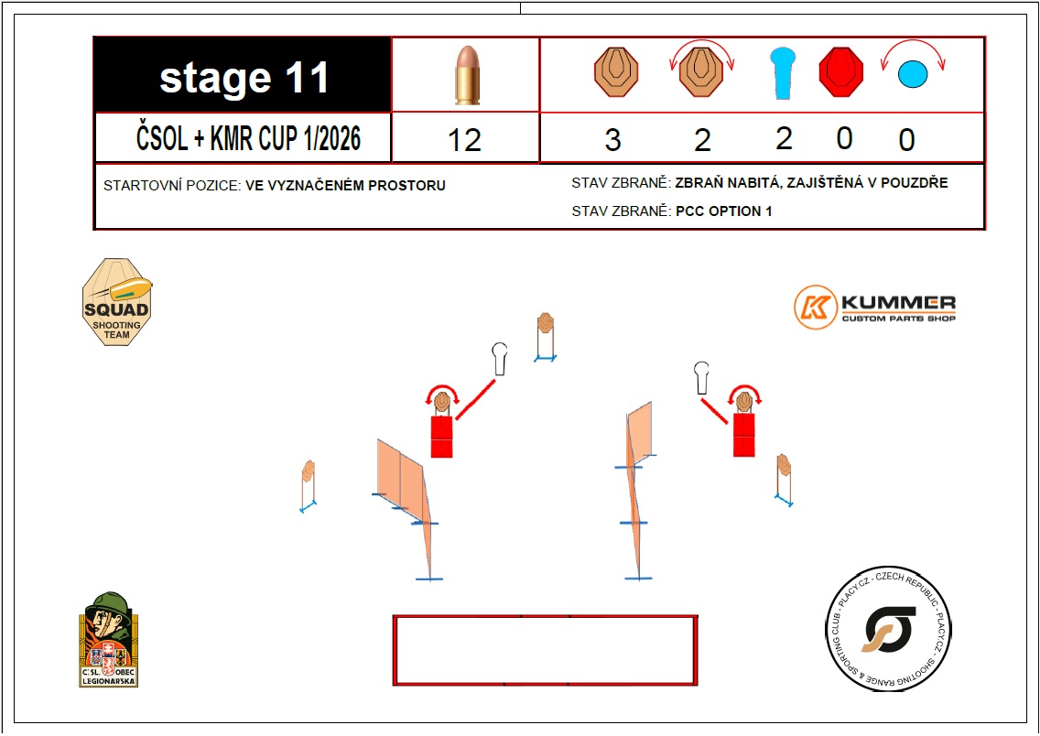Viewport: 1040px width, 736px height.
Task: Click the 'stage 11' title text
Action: [244, 78]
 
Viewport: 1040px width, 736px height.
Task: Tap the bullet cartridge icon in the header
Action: [468, 75]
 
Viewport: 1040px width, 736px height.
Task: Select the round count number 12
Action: [464, 140]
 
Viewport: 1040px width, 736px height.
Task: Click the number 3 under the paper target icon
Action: [612, 140]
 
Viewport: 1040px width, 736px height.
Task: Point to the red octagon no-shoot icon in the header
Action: [841, 72]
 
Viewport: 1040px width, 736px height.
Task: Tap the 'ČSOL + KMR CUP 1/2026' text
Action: [249, 138]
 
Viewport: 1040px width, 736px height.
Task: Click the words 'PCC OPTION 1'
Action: [723, 211]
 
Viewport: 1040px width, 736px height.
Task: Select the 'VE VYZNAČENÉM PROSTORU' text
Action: [345, 186]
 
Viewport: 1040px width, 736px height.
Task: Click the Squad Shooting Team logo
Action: [117, 302]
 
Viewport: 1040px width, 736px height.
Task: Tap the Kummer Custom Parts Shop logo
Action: [875, 307]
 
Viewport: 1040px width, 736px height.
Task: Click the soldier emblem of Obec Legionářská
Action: [109, 639]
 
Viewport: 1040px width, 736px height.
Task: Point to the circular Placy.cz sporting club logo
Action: [888, 629]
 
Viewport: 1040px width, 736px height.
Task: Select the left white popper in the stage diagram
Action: [500, 359]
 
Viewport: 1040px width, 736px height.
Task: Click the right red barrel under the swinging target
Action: [743, 435]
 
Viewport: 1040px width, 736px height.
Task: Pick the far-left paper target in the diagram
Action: [308, 486]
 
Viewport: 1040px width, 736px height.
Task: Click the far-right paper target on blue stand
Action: [784, 480]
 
